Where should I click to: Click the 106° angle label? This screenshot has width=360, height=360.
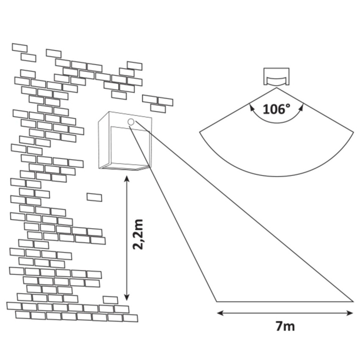(277, 109)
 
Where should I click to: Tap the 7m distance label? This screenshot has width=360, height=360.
(285, 326)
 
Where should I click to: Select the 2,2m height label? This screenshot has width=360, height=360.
(138, 234)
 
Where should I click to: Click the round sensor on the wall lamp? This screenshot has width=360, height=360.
(130, 122)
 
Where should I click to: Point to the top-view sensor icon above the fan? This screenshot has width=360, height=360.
(276, 77)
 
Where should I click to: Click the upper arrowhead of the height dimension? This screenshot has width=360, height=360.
(127, 179)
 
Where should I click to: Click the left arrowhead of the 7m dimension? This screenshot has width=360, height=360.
(220, 313)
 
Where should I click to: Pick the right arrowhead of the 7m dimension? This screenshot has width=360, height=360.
(350, 313)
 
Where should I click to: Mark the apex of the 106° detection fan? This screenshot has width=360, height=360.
(277, 88)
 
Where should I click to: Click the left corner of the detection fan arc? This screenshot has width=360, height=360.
(199, 132)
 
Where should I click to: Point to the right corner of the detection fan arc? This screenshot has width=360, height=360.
(354, 132)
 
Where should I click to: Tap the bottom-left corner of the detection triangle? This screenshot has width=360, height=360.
(216, 301)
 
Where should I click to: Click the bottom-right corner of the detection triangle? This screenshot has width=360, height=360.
(353, 301)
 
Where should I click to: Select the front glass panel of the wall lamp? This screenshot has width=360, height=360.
(130, 147)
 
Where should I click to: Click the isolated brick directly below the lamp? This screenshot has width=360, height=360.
(94, 197)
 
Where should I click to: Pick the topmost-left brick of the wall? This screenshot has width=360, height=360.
(20, 48)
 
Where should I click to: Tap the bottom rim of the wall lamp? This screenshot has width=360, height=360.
(125, 167)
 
